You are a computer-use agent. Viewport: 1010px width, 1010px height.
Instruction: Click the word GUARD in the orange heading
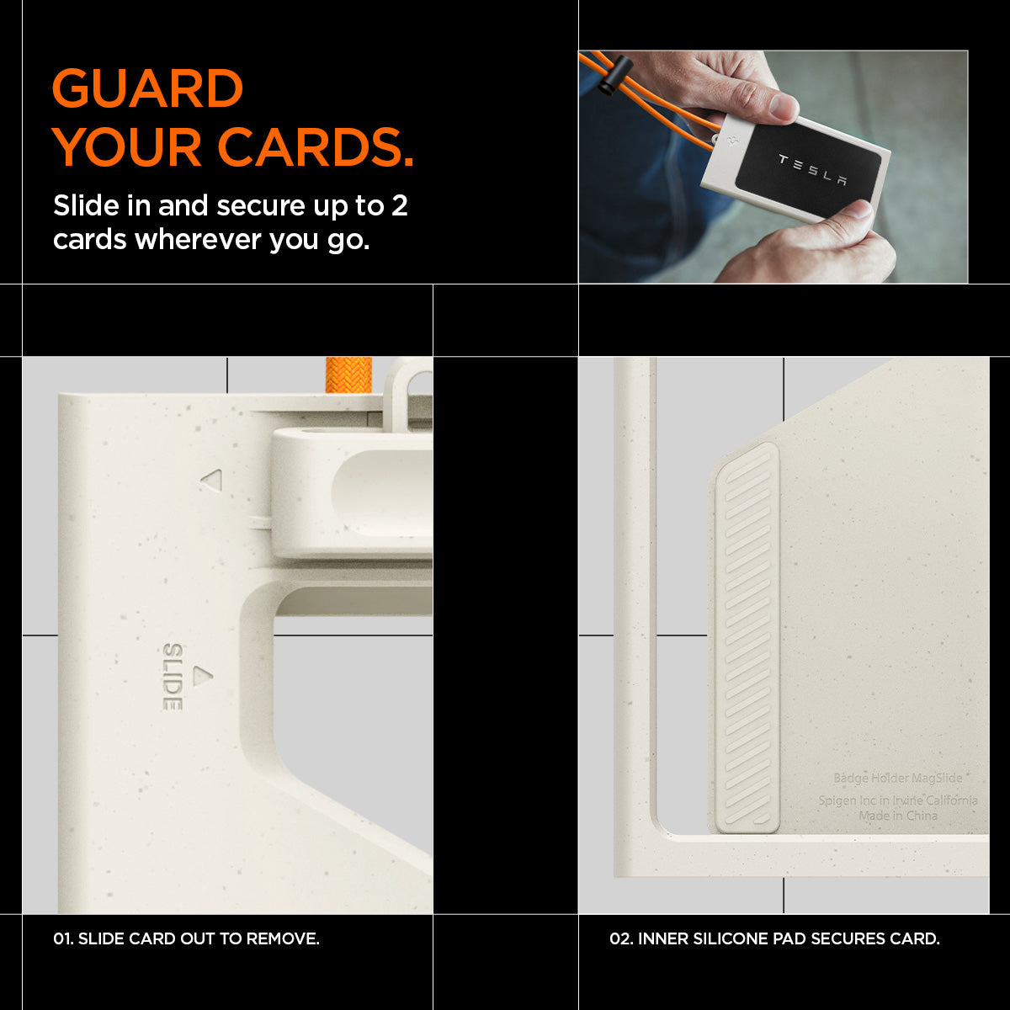click(148, 88)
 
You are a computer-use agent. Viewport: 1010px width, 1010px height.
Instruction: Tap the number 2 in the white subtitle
click(400, 205)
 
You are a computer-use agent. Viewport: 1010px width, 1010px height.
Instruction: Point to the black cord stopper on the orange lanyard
click(614, 74)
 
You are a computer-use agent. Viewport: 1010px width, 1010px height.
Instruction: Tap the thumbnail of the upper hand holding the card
click(783, 106)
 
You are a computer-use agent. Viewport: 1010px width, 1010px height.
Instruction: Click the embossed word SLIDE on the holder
click(173, 677)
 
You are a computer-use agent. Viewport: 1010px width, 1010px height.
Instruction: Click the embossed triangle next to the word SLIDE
click(204, 676)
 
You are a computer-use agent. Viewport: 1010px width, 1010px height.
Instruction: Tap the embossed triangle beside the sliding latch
click(213, 481)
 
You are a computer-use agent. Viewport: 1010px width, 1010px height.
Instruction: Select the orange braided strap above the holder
click(348, 375)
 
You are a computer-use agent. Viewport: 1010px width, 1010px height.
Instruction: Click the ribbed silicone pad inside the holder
click(747, 637)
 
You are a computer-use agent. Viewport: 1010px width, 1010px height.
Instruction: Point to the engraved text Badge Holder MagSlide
click(898, 778)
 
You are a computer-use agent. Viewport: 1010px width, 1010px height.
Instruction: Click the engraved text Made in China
click(898, 816)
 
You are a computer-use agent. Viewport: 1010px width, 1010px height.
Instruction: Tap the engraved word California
click(952, 800)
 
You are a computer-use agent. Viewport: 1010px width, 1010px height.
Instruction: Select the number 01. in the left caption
click(63, 938)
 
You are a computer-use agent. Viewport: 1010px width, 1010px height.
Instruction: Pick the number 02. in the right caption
click(621, 938)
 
